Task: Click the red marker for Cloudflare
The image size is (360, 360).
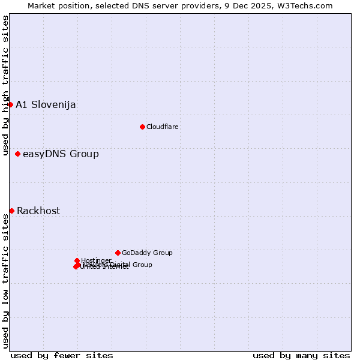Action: click(142, 127)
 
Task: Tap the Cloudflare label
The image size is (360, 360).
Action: click(163, 127)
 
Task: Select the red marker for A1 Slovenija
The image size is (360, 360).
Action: click(10, 104)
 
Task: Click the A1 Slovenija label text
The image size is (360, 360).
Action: click(46, 105)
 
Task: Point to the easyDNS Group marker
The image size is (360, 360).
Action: click(17, 154)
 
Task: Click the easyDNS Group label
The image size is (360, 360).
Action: click(61, 154)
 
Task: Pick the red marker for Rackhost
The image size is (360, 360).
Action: click(11, 211)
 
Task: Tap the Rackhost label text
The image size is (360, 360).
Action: click(38, 211)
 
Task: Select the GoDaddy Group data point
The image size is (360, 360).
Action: click(118, 253)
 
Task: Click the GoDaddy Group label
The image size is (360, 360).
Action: click(147, 253)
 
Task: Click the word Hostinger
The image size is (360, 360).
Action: click(96, 260)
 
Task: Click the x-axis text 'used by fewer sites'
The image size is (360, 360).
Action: click(62, 355)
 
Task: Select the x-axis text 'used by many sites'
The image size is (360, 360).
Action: click(301, 355)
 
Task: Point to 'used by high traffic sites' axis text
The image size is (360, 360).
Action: click(5, 85)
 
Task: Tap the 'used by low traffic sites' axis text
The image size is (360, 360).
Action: click(5, 281)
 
